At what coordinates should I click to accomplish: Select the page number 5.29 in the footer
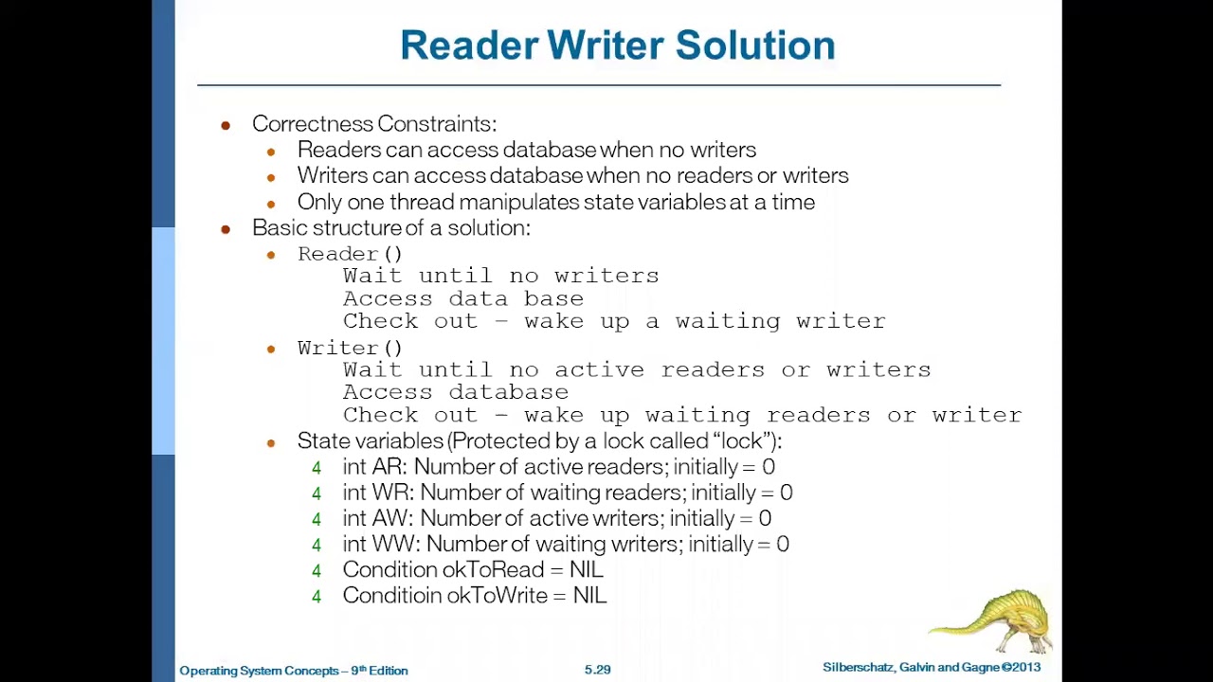click(x=597, y=670)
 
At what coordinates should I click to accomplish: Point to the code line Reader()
click(x=350, y=254)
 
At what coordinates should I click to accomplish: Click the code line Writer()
click(x=350, y=348)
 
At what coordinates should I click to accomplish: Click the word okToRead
click(x=493, y=570)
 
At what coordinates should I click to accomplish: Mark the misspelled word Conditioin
click(x=391, y=596)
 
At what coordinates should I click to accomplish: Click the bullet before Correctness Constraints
click(x=226, y=125)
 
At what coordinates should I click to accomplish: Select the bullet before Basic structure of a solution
click(x=226, y=229)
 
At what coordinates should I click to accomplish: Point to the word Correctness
click(x=312, y=124)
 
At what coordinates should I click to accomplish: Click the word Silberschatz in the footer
click(x=858, y=668)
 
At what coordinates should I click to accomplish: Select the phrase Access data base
click(x=462, y=298)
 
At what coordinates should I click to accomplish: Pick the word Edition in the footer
click(x=389, y=671)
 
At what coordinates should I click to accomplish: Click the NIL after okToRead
click(x=586, y=570)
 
